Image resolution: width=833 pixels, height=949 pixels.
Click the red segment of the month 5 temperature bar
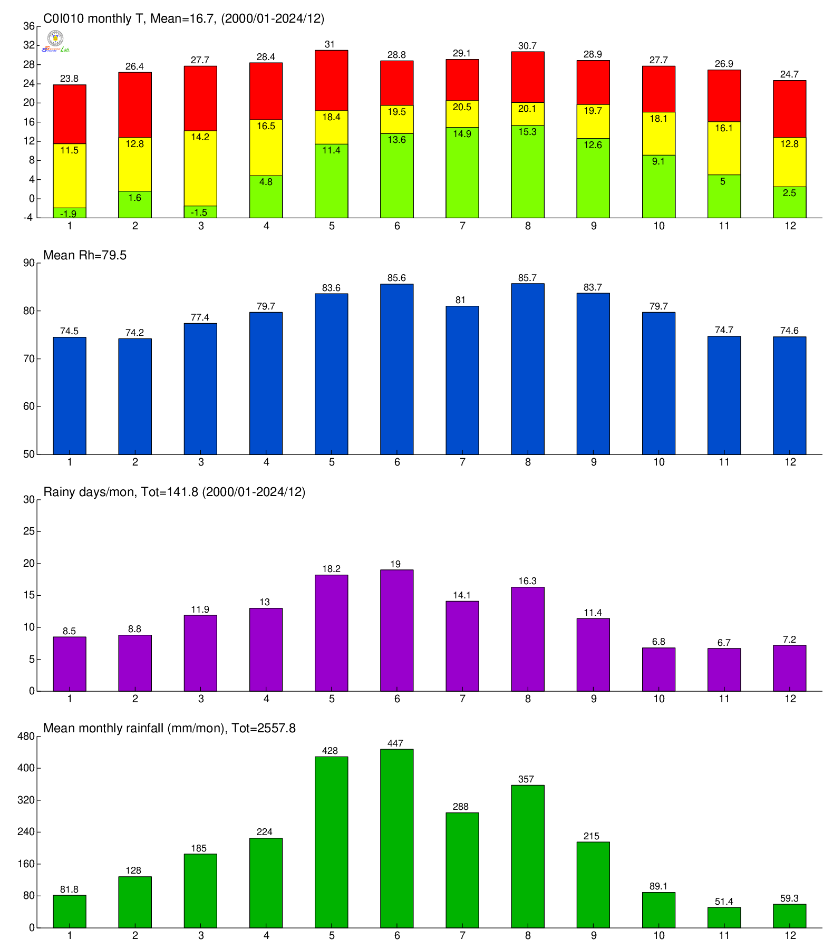(x=331, y=80)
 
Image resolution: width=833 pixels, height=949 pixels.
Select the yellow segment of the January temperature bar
(x=70, y=176)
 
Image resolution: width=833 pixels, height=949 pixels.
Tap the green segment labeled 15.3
(x=528, y=171)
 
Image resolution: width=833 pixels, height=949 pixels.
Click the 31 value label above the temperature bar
(x=330, y=44)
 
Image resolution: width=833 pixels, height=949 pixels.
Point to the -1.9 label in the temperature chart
(x=69, y=214)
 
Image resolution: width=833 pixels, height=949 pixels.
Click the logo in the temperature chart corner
(x=55, y=41)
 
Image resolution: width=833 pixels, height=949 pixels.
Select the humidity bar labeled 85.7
(x=528, y=369)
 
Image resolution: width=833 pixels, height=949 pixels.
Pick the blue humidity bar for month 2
(x=135, y=396)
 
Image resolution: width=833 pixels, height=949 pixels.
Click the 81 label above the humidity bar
(x=461, y=300)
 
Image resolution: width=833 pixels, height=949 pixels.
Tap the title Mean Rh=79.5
(x=85, y=256)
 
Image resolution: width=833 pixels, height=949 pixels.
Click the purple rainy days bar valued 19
(x=396, y=630)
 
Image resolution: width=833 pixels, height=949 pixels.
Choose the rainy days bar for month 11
(x=724, y=670)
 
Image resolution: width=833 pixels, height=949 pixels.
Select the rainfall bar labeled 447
(x=396, y=838)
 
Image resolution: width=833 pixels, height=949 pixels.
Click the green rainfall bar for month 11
(x=724, y=918)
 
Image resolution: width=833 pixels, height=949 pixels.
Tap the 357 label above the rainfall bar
(x=526, y=779)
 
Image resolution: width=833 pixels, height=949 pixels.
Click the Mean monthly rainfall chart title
(x=169, y=729)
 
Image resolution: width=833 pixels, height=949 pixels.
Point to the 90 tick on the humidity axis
(x=29, y=263)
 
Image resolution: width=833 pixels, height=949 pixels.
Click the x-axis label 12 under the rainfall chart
(x=790, y=936)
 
